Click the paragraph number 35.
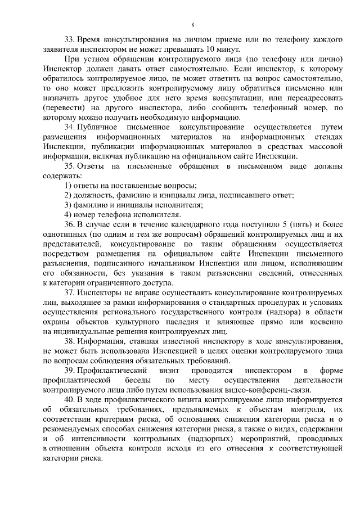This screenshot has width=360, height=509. (69, 166)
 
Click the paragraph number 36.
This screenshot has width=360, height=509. (69, 224)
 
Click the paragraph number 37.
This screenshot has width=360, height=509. (69, 292)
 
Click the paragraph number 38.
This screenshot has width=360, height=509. (69, 341)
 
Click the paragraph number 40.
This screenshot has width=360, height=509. (69, 399)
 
